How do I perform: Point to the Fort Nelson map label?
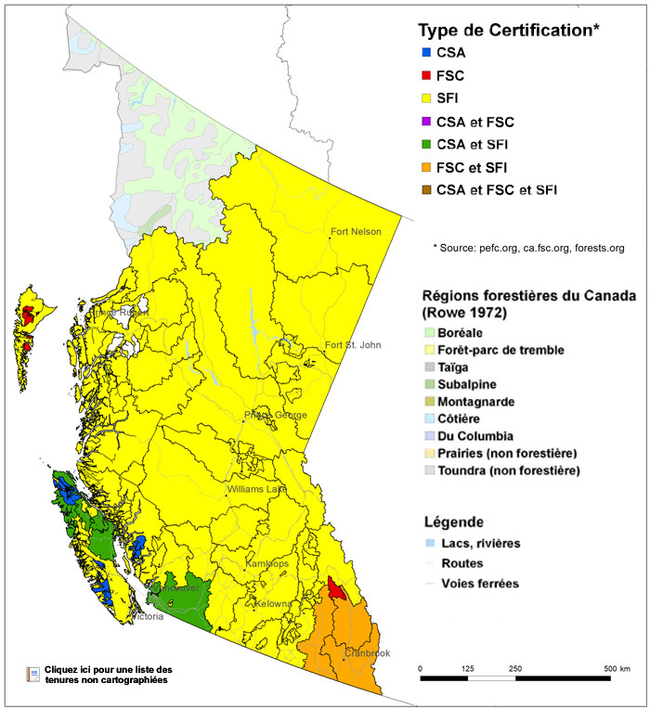click(356, 232)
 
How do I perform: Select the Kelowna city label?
click(272, 604)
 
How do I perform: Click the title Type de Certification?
click(509, 30)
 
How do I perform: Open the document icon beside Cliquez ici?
click(33, 674)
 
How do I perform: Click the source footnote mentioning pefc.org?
click(527, 248)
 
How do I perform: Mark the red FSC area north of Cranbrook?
click(337, 590)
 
